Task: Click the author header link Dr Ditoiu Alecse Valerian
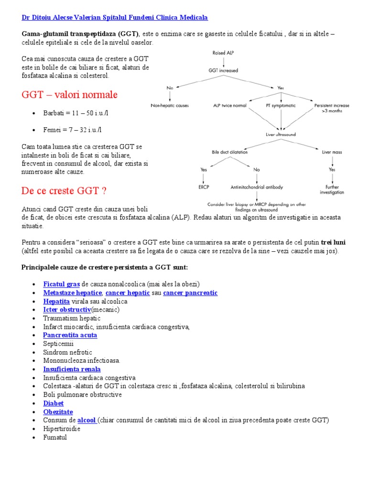pyautogui.click(x=115, y=18)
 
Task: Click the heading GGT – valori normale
pyautogui.click(x=69, y=95)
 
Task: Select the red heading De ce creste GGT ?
pyautogui.click(x=64, y=191)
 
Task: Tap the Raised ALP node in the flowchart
pyautogui.click(x=223, y=53)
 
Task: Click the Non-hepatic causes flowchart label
pyautogui.click(x=170, y=105)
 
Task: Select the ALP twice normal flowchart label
pyautogui.click(x=230, y=105)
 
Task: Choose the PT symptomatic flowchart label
pyautogui.click(x=281, y=105)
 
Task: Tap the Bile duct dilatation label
pyautogui.click(x=229, y=152)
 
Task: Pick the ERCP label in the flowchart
pyautogui.click(x=204, y=187)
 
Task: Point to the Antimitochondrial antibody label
pyautogui.click(x=257, y=187)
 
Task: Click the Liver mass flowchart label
pyautogui.click(x=332, y=152)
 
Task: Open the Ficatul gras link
pyautogui.click(x=61, y=284)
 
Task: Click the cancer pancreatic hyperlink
pyautogui.click(x=190, y=292)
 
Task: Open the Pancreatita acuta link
pyautogui.click(x=70, y=335)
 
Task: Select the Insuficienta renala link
pyautogui.click(x=72, y=369)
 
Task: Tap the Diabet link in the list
pyautogui.click(x=53, y=403)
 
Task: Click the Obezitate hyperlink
pyautogui.click(x=58, y=412)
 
